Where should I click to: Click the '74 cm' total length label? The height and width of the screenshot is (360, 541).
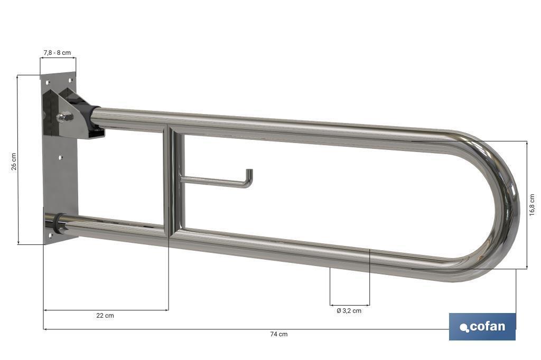tap(279, 334)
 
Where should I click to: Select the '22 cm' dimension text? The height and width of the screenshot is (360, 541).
tap(105, 316)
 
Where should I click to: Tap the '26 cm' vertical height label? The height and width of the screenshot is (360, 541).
tap(14, 162)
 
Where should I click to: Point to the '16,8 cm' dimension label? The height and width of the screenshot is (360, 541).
tap(532, 204)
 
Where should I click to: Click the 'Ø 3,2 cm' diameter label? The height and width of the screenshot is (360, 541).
tap(349, 311)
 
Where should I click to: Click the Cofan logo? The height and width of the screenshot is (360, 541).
tap(482, 327)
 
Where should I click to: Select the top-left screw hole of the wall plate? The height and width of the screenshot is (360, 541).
tap(48, 83)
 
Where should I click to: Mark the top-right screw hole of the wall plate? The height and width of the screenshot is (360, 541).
tap(69, 80)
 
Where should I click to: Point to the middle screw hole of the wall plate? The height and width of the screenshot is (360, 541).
tap(61, 157)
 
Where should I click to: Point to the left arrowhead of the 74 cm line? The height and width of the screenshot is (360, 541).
tap(45, 329)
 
